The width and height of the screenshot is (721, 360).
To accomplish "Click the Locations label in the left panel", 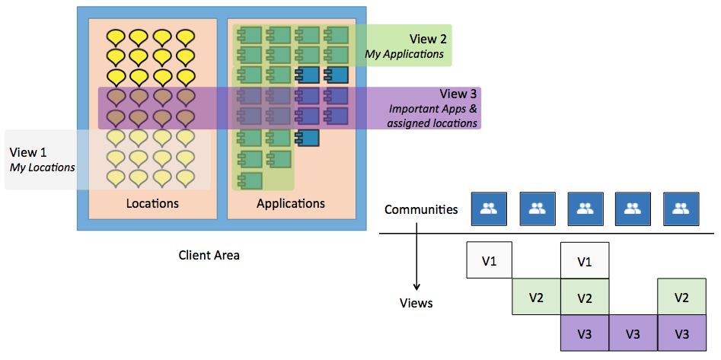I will coord(152,203).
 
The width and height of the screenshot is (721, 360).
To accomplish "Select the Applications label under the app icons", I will coord(290,203).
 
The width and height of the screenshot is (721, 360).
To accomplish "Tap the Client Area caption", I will coord(209,256).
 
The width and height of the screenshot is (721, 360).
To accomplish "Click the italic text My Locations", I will coord(42,167).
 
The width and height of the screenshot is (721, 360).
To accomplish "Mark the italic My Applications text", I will coord(404,54).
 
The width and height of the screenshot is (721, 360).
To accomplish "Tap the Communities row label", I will coord(421,209).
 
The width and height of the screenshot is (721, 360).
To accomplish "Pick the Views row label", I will coord(416,303).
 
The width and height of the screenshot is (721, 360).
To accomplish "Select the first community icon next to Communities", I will coord(490,209).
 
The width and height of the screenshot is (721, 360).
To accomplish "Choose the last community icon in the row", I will coord(681,209).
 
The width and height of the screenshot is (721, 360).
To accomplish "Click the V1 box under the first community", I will coord(490,261).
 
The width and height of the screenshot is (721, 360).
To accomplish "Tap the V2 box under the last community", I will coord(681,297).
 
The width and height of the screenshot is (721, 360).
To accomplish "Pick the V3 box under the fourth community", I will coord(633,333).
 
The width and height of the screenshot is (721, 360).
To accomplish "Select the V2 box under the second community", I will coord(537,297).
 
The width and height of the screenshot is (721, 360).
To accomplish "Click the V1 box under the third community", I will coord(585,261).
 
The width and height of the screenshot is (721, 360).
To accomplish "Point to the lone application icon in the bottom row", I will coord(250,180).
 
